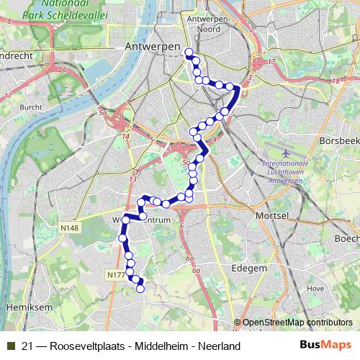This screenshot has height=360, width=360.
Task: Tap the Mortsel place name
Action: click(x=272, y=215)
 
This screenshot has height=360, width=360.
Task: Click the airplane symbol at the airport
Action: click(x=287, y=152)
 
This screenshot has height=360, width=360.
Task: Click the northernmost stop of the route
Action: click(x=189, y=52)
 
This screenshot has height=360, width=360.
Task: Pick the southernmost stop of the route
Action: click(x=140, y=289)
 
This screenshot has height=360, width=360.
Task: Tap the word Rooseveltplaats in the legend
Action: click(x=85, y=346)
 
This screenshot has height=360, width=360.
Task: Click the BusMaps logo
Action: click(x=325, y=345)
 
